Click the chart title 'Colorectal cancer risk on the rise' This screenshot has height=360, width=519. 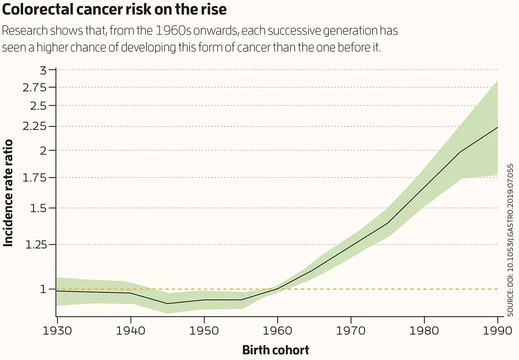(x=114, y=9)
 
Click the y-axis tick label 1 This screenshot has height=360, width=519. (x=43, y=289)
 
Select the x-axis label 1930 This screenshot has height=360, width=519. (x=57, y=331)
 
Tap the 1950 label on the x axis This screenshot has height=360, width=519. (x=204, y=331)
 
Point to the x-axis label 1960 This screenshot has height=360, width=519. (x=278, y=331)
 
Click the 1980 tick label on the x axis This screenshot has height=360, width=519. (x=424, y=331)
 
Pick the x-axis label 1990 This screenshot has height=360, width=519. (x=497, y=331)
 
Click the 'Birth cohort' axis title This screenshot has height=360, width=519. (x=276, y=350)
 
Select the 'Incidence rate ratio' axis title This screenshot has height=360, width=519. (x=8, y=193)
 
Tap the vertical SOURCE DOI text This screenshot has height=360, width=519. (x=511, y=240)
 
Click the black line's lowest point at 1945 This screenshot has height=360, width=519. (x=168, y=304)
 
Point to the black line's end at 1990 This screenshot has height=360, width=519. (x=497, y=127)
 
